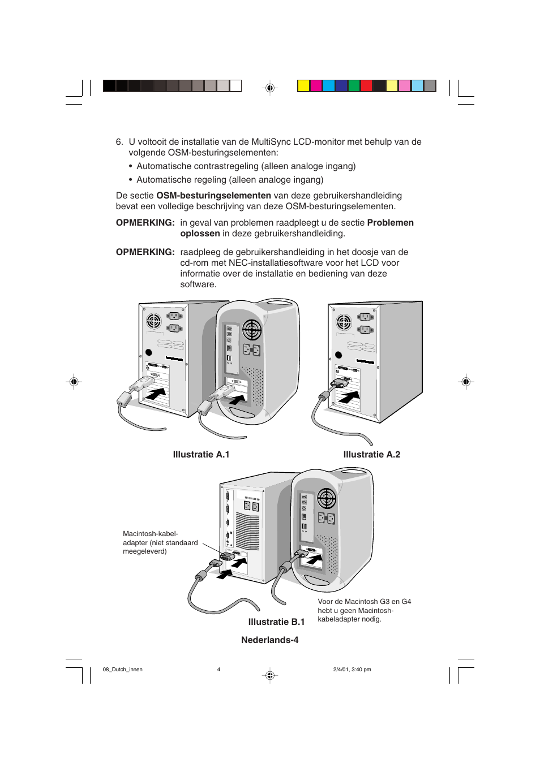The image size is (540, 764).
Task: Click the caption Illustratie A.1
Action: pos(201,455)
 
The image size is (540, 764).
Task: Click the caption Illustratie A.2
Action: pos(372,455)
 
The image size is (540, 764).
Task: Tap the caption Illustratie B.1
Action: pos(276,622)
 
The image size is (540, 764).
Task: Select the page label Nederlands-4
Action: pos(269,640)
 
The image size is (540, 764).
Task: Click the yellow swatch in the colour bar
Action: pos(303,86)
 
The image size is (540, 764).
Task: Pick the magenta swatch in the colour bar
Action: pos(316,86)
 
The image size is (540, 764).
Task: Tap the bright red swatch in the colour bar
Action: pos(366,86)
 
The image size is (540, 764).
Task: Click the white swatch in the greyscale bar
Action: pos(235,86)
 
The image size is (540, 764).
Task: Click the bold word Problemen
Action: pos(390,223)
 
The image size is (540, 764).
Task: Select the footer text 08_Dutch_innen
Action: pos(122,670)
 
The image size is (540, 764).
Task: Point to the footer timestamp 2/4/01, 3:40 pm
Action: pos(352,670)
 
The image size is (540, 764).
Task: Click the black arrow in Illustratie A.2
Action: pos(349,397)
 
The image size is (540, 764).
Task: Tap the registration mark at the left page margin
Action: pos(74,381)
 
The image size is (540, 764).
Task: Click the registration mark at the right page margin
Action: pos(466,381)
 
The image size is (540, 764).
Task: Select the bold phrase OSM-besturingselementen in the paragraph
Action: pos(213,196)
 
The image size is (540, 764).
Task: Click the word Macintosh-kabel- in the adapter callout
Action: pos(150,534)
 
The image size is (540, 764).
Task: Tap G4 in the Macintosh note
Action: pos(406,602)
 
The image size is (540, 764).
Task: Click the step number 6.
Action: pos(119,142)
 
